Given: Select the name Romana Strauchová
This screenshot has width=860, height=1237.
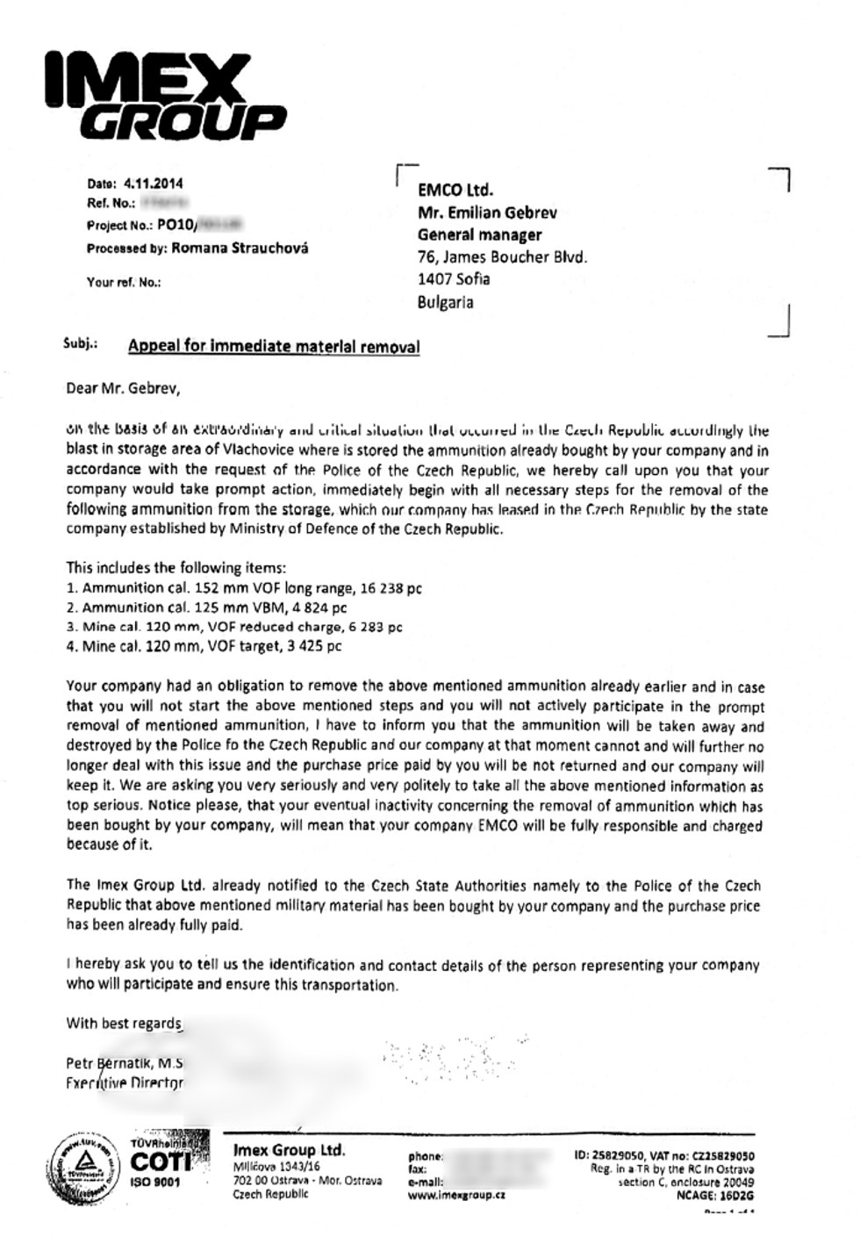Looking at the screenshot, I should (x=240, y=248).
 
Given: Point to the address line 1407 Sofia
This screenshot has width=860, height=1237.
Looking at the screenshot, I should (x=454, y=279).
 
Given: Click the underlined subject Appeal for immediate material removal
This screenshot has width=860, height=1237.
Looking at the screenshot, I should (x=274, y=347).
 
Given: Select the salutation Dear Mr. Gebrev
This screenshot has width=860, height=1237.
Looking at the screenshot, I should (x=122, y=387).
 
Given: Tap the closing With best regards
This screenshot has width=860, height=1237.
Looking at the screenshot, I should (x=124, y=1024).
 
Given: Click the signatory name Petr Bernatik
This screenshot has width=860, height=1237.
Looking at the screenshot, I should (x=109, y=1063).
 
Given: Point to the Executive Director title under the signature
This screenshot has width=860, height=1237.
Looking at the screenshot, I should (x=125, y=1082).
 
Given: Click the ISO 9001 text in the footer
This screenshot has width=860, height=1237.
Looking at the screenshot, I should (x=154, y=1182).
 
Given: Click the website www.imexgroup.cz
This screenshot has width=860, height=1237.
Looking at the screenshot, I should (x=456, y=1195).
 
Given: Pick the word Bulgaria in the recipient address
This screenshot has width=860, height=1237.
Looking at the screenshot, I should (x=446, y=302).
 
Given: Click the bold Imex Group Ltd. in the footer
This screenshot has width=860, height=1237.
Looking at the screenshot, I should (x=289, y=1150).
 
